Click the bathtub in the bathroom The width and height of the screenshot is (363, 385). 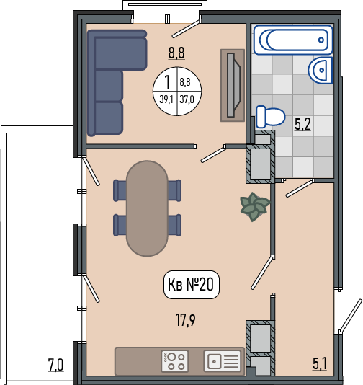(293, 40)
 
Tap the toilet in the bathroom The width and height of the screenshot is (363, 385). (270, 117)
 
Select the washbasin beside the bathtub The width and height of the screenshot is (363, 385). (321, 70)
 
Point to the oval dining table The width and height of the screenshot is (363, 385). (147, 208)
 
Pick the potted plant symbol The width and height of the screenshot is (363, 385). (255, 206)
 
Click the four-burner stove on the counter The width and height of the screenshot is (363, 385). (175, 361)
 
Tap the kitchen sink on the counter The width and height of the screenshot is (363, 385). (223, 361)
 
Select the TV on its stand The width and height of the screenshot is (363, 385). (233, 85)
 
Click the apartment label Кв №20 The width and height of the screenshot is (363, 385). (192, 284)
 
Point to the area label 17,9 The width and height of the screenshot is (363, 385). (185, 320)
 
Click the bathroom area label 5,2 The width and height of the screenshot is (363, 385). (302, 124)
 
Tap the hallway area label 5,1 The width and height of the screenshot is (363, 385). (320, 363)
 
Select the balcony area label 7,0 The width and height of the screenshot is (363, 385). (55, 365)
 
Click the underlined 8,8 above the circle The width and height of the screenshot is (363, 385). (176, 53)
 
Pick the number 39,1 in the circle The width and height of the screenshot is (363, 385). (166, 99)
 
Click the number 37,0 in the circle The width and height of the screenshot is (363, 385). (187, 99)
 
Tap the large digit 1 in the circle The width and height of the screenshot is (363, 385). (167, 82)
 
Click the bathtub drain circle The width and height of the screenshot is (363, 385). (321, 40)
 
